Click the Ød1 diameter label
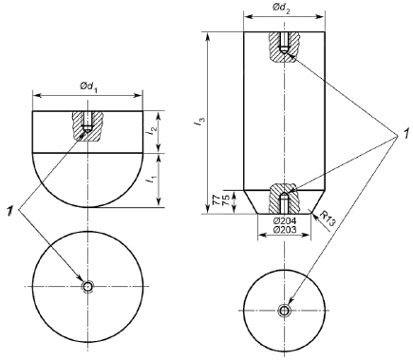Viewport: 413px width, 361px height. [x=88, y=86]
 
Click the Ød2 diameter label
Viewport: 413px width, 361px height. [x=281, y=8]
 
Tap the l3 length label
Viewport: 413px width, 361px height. [x=201, y=123]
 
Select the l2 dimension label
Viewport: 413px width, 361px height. [x=152, y=131]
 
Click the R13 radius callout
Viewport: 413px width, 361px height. [x=327, y=218]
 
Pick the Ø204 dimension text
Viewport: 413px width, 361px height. [x=285, y=221]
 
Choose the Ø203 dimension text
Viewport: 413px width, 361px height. [x=285, y=229]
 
